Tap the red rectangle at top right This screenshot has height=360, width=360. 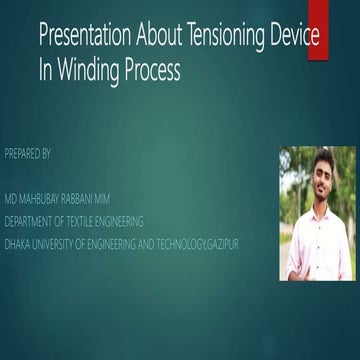[x=318, y=30]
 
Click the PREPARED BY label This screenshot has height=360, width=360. [x=27, y=154]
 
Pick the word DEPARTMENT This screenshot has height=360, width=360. [x=33, y=221]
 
